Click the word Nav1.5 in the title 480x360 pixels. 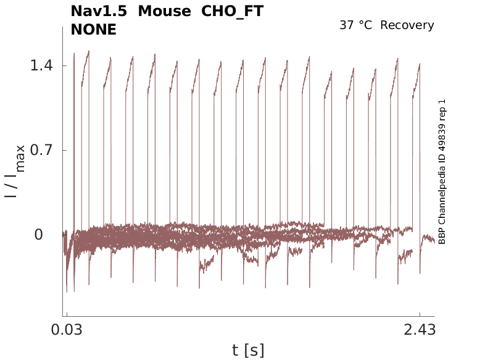tap(99, 11)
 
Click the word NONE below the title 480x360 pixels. tap(94, 29)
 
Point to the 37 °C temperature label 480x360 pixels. tap(357, 25)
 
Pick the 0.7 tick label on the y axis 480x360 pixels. tap(41, 150)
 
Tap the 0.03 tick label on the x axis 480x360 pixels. tap(67, 330)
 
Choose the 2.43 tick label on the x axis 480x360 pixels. tap(420, 330)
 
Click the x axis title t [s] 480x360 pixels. tap(248, 350)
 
